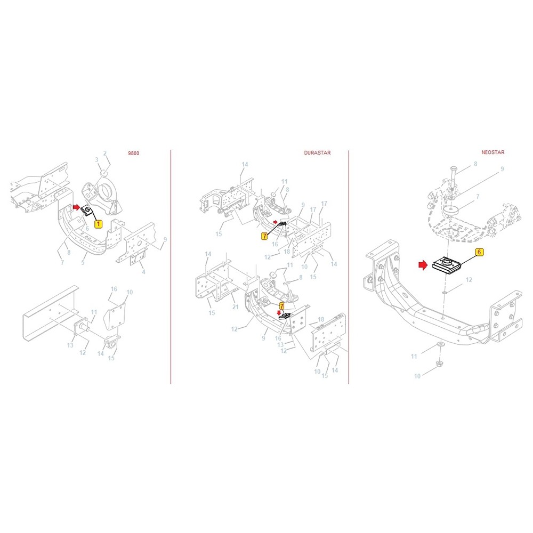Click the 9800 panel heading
tap(134, 153)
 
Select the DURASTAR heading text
tap(317, 153)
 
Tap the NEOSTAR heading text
tap(492, 152)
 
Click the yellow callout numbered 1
tap(98, 224)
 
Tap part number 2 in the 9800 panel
tap(106, 153)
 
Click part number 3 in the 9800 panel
tap(96, 159)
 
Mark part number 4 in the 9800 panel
tap(143, 272)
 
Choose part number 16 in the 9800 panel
tap(114, 289)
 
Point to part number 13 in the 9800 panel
tap(70, 345)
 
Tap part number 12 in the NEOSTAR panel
tap(469, 279)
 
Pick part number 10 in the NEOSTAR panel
tap(417, 376)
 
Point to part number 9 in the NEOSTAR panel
tap(502, 169)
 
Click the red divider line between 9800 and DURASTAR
tap(171, 266)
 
